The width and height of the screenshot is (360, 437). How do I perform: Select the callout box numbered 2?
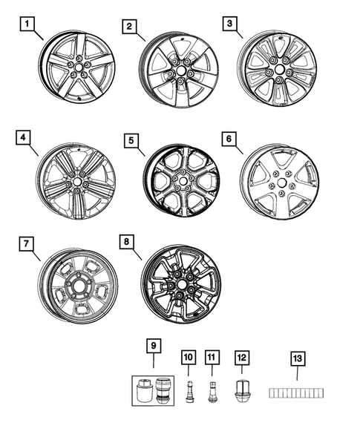(130, 27)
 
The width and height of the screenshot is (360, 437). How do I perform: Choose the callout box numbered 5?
(130, 140)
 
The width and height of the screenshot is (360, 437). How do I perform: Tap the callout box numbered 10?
(188, 358)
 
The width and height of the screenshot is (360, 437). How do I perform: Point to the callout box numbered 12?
(241, 358)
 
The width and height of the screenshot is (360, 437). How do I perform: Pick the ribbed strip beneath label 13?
(296, 391)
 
